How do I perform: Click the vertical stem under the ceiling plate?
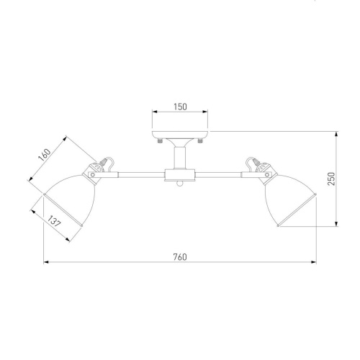pos(179,154)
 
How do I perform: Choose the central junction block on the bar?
pos(179,174)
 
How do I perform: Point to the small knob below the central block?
pos(179,186)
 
